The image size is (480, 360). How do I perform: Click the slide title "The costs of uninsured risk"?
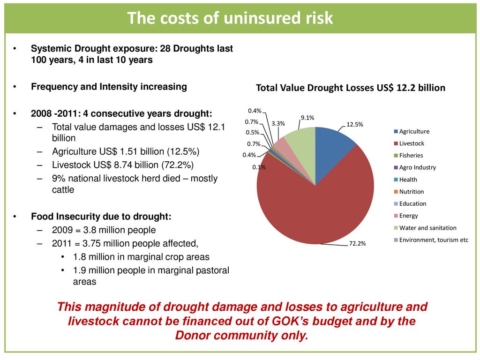pos(230,18)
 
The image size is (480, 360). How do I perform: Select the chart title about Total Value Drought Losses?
pos(350,88)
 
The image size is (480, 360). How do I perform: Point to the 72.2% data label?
pos(357,243)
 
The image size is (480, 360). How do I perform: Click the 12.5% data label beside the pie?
pos(354,124)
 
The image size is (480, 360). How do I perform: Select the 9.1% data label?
pos(307,118)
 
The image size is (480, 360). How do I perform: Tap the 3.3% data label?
pos(279,124)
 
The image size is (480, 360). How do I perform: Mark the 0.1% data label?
pos(258,167)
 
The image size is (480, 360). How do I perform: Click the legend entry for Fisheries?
pos(411,155)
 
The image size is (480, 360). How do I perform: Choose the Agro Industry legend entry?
pos(417,167)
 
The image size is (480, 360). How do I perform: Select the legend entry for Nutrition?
pos(411,192)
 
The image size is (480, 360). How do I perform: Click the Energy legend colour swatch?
pos(396,216)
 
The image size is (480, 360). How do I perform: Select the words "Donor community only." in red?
pos(241,336)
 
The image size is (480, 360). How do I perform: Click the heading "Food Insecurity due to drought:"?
pos(101,217)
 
